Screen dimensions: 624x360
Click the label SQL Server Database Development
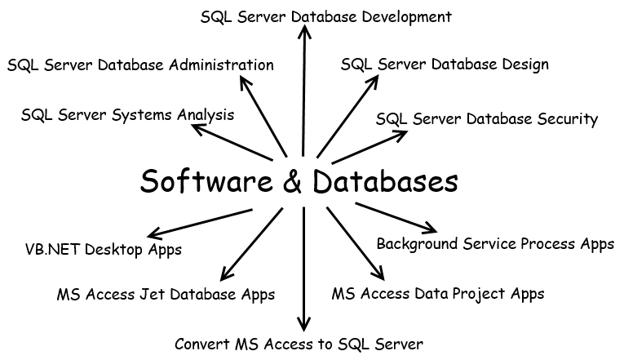coord(326,16)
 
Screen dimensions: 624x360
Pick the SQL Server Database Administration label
coord(140,64)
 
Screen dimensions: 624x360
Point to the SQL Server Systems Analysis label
coord(127,115)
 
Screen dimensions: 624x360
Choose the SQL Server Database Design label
coord(445,64)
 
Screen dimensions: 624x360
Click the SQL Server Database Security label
coord(487,119)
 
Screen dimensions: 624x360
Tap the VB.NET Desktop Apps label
coord(104,249)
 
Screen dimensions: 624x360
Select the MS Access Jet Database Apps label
coord(166,293)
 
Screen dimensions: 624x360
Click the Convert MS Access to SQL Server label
coord(299,344)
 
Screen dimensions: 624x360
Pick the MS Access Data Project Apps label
coord(438,293)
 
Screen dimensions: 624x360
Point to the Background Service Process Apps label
coord(495,243)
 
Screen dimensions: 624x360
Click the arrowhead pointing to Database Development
coord(304,31)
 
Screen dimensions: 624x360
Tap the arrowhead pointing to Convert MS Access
coord(304,325)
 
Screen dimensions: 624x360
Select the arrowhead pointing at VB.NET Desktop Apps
coord(150,234)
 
